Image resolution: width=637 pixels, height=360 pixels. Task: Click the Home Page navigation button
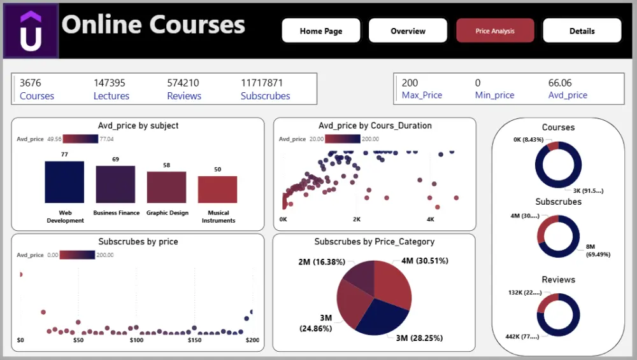(x=321, y=31)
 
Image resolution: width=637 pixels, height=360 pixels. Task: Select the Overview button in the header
(x=408, y=31)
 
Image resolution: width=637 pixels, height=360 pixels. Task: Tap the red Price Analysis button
(x=495, y=31)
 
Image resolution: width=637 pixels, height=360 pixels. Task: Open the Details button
(x=582, y=31)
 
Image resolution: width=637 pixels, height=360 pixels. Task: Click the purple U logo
(x=31, y=31)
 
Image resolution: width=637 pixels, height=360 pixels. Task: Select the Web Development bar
(x=64, y=182)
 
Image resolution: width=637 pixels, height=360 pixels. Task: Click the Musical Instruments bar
(x=217, y=190)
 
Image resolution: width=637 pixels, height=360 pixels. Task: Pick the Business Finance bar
(x=115, y=184)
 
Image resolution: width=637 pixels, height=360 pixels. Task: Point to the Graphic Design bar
(x=166, y=187)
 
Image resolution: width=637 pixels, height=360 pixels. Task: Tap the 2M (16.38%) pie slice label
(x=313, y=261)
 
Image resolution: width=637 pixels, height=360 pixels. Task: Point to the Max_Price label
(x=422, y=95)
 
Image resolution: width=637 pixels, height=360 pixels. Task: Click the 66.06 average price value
(x=560, y=83)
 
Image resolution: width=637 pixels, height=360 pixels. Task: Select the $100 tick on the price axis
(x=136, y=341)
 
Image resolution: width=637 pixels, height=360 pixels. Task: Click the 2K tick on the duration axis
(x=357, y=219)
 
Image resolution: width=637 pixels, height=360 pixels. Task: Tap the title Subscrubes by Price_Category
(x=374, y=242)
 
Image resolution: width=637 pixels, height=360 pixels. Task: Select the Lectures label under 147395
(x=111, y=96)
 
